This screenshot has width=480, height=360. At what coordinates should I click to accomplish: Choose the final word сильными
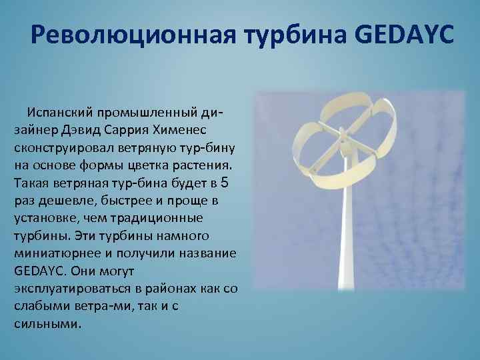tap(47, 325)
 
